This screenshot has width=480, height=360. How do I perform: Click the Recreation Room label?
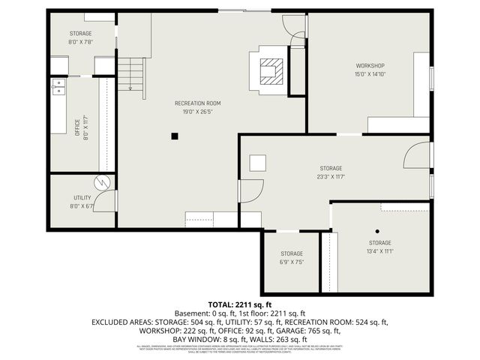click(197, 103)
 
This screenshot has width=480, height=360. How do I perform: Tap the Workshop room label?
click(370, 65)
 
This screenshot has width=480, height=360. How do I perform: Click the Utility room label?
click(82, 197)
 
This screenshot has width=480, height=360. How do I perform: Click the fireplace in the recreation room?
click(269, 72)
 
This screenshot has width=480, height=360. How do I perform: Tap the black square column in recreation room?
click(174, 136)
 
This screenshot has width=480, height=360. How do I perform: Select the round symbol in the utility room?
click(101, 183)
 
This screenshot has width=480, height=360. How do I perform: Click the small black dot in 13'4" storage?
click(378, 231)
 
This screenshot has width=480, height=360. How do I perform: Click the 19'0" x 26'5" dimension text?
click(197, 111)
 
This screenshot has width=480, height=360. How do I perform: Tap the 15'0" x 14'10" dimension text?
click(370, 73)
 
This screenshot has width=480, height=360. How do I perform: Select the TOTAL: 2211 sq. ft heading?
click(239, 304)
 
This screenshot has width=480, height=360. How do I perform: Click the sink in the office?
click(58, 92)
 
